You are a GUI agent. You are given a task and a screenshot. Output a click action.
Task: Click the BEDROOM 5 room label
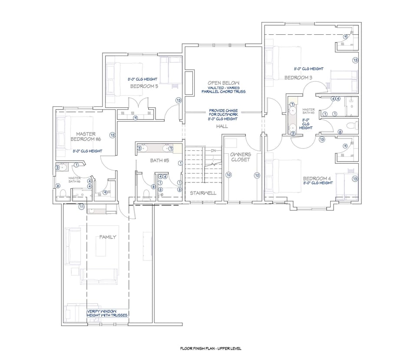(144, 86)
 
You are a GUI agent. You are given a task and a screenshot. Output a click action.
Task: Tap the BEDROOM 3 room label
(298, 77)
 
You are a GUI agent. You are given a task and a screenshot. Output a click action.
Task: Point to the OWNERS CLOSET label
(241, 157)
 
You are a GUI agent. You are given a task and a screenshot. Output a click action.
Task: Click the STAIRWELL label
(202, 192)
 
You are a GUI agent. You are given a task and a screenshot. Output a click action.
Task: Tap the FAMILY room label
(108, 237)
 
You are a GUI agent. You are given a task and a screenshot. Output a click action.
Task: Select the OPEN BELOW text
(223, 83)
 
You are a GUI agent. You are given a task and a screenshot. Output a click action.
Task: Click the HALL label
(222, 126)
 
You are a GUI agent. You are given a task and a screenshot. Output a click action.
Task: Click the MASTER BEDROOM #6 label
(86, 137)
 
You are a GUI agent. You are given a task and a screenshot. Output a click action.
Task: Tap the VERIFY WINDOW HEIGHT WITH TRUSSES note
(107, 313)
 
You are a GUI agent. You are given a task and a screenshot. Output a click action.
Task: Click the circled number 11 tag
(81, 207)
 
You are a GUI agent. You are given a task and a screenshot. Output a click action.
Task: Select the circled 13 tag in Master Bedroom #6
(113, 135)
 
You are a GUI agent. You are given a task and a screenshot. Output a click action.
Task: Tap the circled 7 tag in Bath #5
(172, 149)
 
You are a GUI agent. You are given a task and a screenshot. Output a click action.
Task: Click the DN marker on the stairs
(213, 151)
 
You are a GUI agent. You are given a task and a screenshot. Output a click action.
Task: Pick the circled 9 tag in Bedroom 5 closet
(136, 117)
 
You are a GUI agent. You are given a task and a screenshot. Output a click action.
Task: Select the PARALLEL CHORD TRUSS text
(223, 92)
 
